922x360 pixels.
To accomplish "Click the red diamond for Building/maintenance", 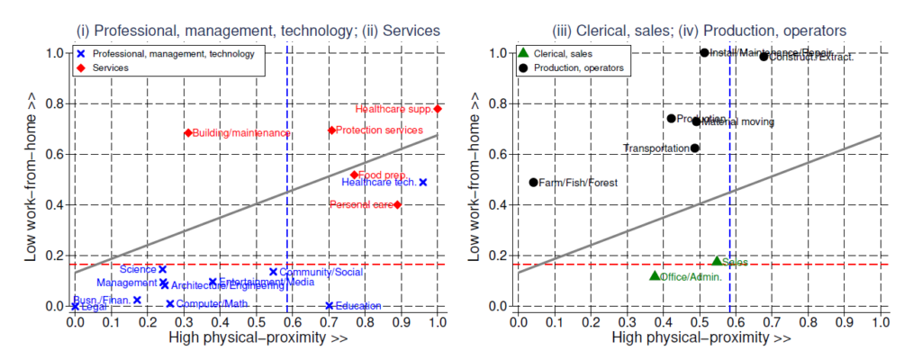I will tap(188, 133).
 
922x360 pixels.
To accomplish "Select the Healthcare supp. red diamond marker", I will tap(438, 109).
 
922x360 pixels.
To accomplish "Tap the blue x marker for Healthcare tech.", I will tap(422, 182).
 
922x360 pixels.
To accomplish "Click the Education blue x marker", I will tap(330, 306).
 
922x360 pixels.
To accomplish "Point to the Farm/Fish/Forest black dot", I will tap(533, 182).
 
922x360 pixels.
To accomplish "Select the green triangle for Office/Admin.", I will tap(655, 275).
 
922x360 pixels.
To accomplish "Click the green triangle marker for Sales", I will tap(717, 261).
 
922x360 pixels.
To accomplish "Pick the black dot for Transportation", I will tap(694, 148).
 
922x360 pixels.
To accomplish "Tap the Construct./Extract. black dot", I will tap(764, 57).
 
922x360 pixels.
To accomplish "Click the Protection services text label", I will tap(379, 130).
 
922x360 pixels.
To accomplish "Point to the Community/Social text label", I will tap(321, 272).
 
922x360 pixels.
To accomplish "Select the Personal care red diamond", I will tap(397, 204).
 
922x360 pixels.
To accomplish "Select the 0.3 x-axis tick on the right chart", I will tap(627, 321).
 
